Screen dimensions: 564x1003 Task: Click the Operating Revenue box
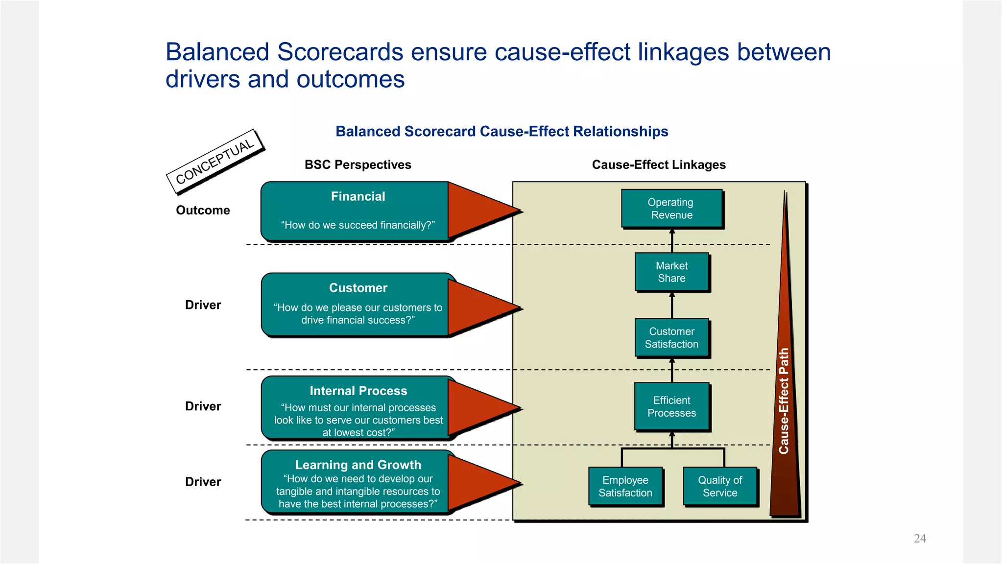[671, 209]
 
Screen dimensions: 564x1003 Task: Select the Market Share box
[671, 272]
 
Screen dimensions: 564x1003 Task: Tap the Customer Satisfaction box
[671, 338]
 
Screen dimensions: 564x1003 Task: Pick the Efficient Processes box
[671, 406]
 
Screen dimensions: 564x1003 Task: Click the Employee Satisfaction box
[625, 486]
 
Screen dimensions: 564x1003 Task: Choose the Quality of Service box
[719, 486]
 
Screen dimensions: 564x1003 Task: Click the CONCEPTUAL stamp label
[215, 161]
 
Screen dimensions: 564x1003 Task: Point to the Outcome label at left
[203, 210]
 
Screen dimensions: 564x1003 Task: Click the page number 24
[920, 539]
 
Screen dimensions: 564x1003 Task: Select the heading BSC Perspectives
[358, 164]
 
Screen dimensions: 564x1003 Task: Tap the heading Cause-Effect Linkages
[658, 164]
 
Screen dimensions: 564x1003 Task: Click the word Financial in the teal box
[358, 196]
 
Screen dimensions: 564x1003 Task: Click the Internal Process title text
[358, 391]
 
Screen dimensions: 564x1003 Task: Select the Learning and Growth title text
[358, 465]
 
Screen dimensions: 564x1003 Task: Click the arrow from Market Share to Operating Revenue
[672, 241]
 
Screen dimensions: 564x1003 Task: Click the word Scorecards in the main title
[340, 52]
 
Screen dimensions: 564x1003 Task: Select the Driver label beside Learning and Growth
[203, 482]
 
